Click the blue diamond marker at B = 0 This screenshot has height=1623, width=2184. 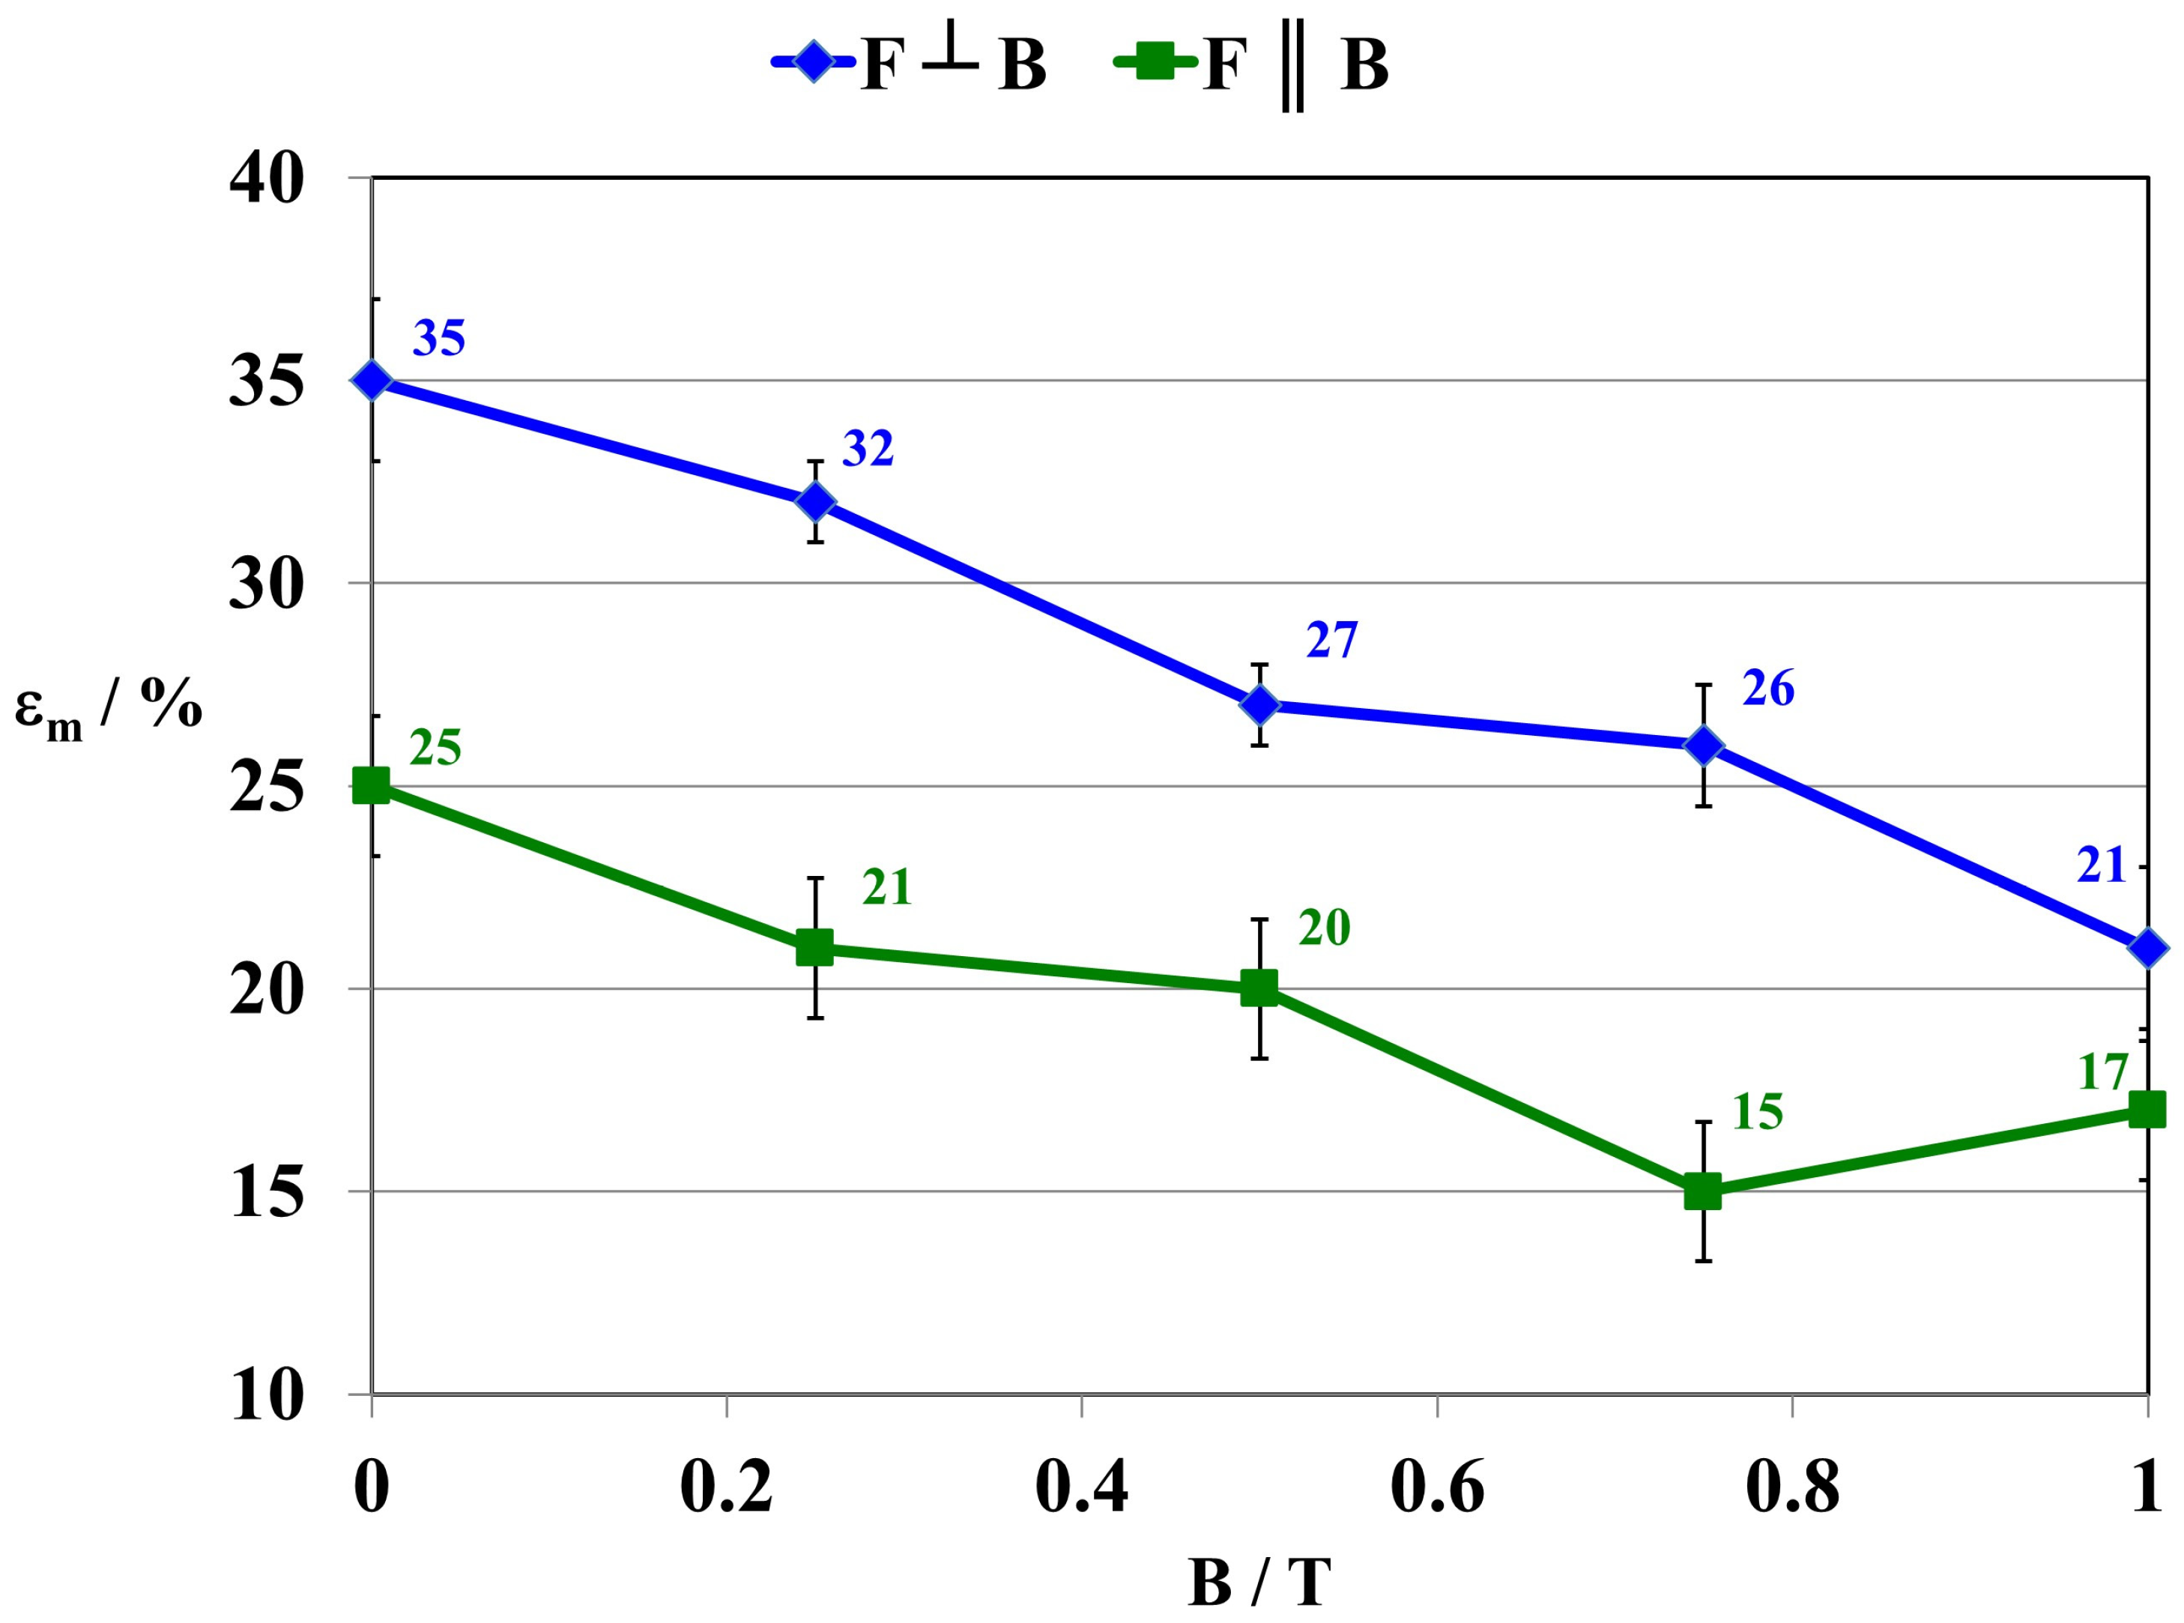tap(372, 379)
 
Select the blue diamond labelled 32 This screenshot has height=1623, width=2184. tap(815, 501)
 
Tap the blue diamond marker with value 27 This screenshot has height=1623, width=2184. tap(1259, 704)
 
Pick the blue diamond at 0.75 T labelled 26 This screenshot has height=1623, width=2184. tap(1704, 745)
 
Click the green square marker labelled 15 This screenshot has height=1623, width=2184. tap(1704, 1191)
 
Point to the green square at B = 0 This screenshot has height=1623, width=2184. tap(372, 785)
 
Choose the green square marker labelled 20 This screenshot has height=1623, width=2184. tap(1259, 988)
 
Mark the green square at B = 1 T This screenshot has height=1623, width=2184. tap(2147, 1110)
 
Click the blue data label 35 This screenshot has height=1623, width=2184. tap(438, 338)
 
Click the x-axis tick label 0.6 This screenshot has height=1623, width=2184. tap(1436, 1487)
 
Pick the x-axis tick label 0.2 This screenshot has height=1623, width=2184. tap(726, 1487)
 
